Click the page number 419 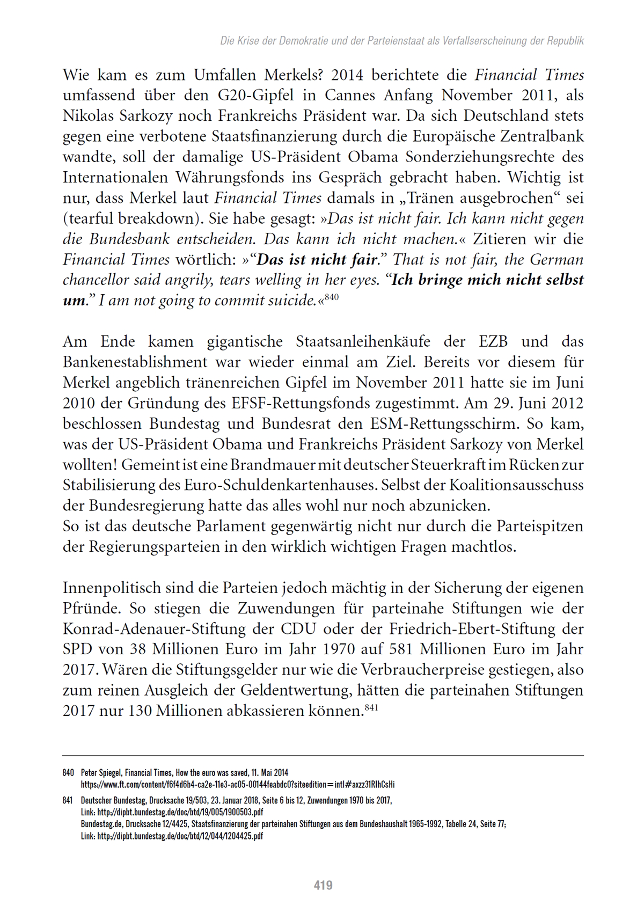pos(323,885)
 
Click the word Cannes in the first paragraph pos(349,96)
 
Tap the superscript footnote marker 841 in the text pos(371,707)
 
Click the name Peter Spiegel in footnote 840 pos(101,773)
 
